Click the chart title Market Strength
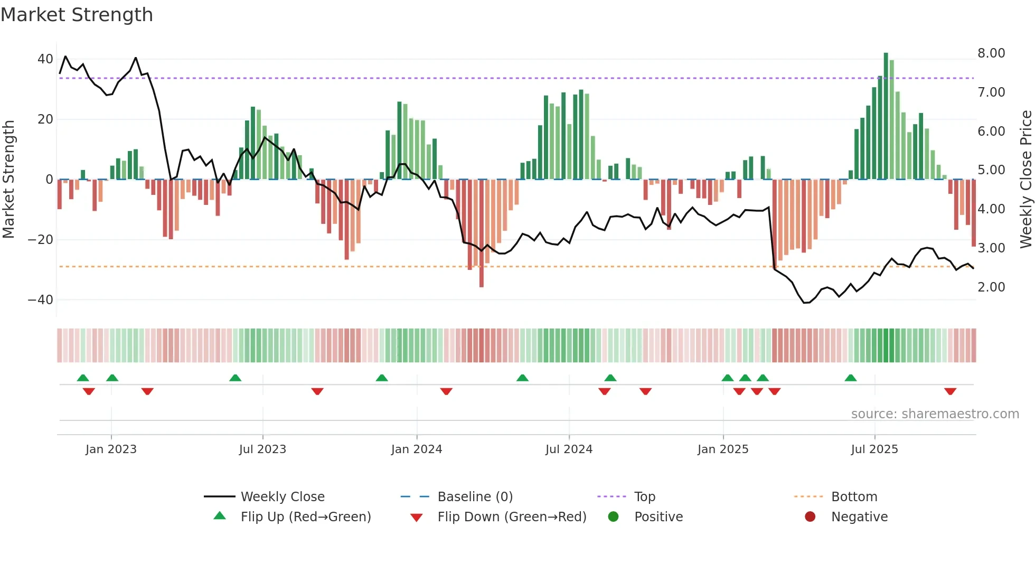(77, 15)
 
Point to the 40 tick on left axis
(45, 59)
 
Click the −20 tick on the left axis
(40, 240)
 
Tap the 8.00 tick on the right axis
(991, 53)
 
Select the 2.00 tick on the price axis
(991, 287)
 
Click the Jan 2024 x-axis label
(417, 449)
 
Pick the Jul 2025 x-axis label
(874, 449)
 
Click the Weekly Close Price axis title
(1025, 180)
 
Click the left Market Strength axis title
(9, 180)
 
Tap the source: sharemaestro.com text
(935, 414)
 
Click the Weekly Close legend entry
(283, 497)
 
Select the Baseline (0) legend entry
(475, 497)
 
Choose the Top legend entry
(644, 497)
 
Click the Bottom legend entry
(854, 497)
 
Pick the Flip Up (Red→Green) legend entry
(306, 517)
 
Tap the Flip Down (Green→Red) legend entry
(512, 517)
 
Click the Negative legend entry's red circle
(810, 517)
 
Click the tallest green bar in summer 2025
(886, 116)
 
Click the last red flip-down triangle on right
(951, 391)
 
